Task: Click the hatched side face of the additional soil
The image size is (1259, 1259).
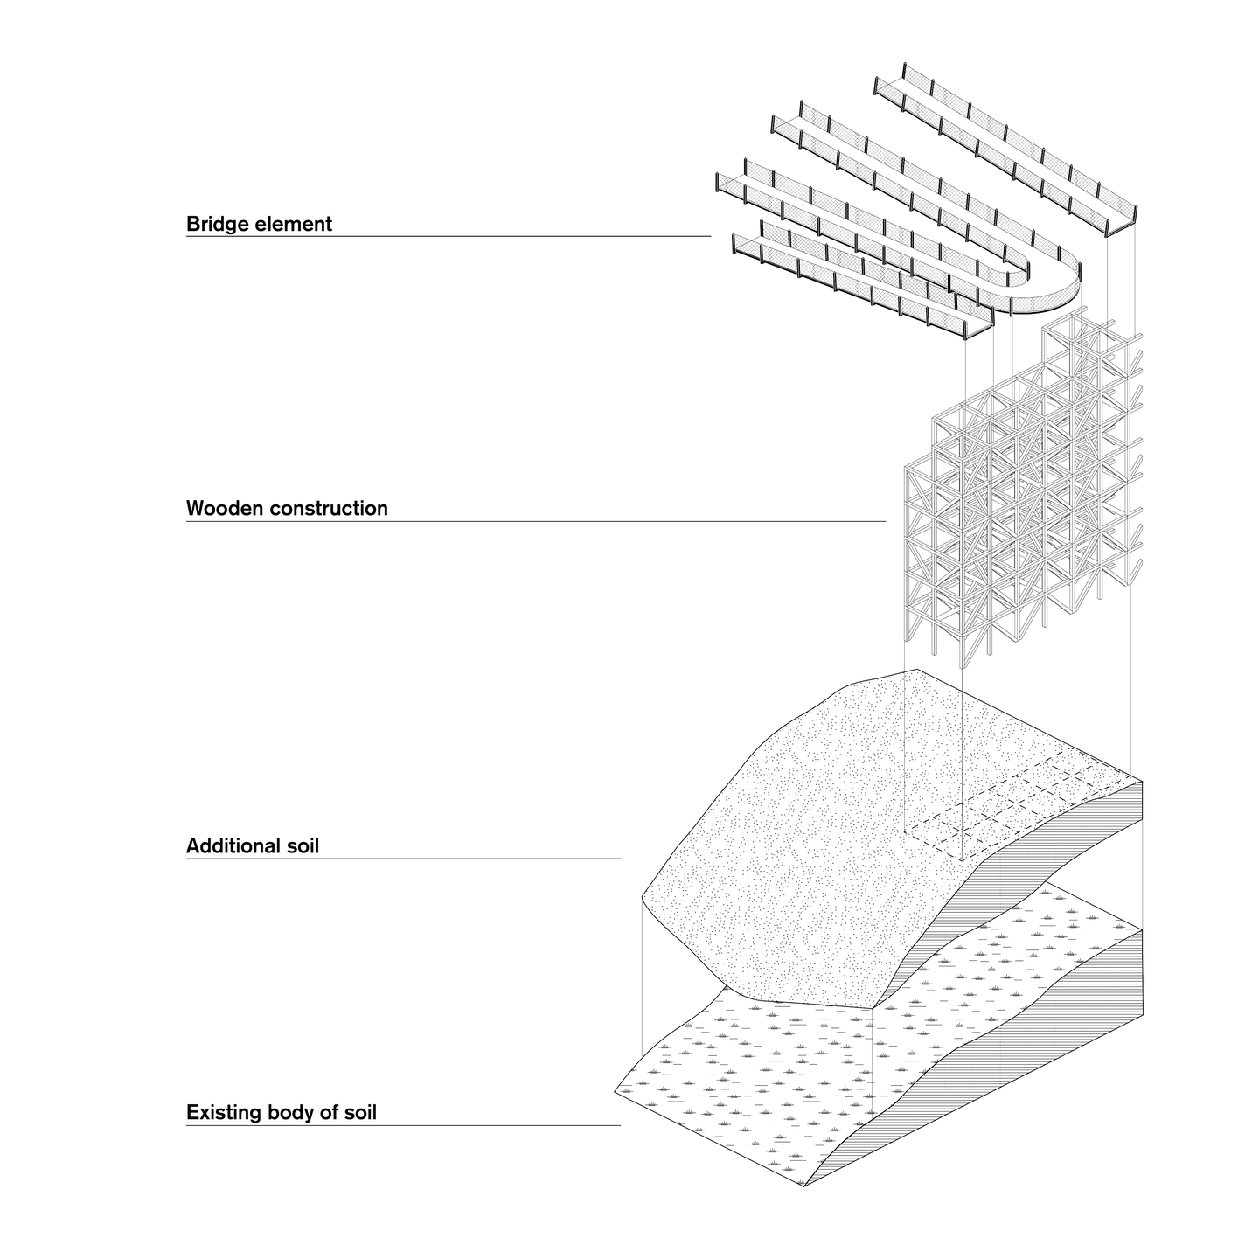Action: [1049, 857]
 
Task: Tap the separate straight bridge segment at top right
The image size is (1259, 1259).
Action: [1005, 149]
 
